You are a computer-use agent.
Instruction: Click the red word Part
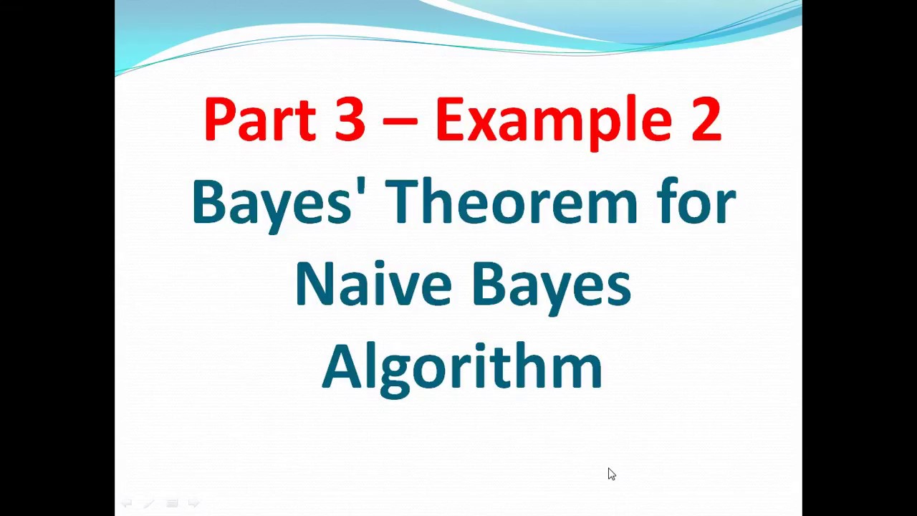pos(259,119)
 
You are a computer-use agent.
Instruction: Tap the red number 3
pos(350,119)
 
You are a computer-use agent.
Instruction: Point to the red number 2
pos(706,119)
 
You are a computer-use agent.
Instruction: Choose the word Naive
pos(373,284)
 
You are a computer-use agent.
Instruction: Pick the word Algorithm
pos(462,367)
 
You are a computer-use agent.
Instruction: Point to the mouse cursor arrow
pos(611,474)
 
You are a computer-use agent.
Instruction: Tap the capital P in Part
pos(219,119)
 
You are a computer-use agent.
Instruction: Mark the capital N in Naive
pos(312,284)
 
